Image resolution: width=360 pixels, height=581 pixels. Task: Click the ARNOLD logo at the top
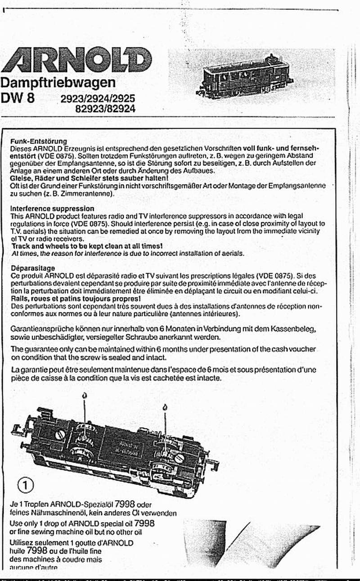point(76,60)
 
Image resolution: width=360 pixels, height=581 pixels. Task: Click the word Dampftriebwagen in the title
point(58,83)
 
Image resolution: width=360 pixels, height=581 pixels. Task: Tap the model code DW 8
point(18,98)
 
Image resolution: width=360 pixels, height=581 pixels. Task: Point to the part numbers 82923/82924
point(105,108)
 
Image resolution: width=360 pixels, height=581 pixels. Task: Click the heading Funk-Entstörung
point(38,141)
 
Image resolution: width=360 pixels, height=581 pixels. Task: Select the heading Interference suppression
point(52,209)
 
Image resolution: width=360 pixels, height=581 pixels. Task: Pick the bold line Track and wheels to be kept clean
point(87,246)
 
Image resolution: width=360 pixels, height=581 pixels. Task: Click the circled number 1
point(26,485)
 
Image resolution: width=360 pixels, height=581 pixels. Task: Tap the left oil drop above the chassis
point(85,396)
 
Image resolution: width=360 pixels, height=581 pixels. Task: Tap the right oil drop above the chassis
point(165,408)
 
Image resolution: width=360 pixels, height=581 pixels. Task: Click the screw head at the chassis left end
point(60,435)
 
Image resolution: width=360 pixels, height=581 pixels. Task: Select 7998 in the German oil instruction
point(125,504)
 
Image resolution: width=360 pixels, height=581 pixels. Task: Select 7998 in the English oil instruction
point(144,523)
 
